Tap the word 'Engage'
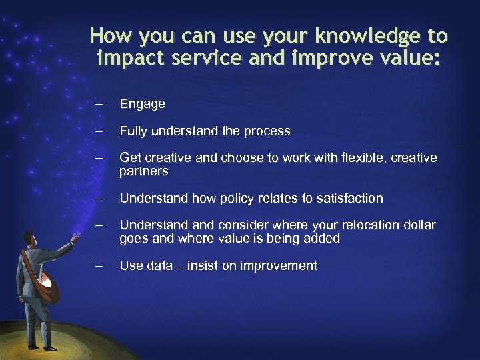coord(142,104)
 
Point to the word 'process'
coord(267,131)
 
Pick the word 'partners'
coord(143,171)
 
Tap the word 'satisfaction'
coord(349,198)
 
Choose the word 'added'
coord(323,239)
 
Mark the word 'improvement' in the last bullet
coord(278,266)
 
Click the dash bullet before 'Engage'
coord(99,105)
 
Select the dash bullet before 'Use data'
coord(99,266)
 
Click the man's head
coord(29,239)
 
